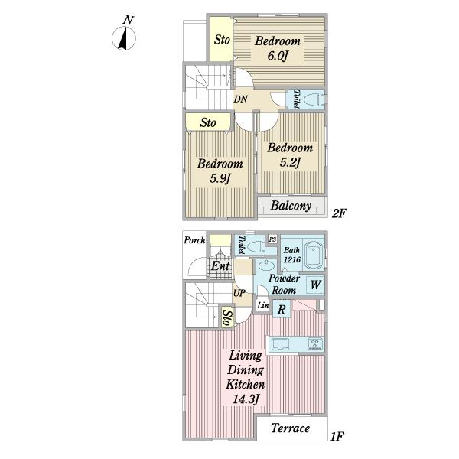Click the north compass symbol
click(124, 38)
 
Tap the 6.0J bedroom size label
click(278, 55)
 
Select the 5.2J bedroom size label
click(290, 162)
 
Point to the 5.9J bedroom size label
click(220, 178)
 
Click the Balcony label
click(291, 206)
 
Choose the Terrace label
click(290, 428)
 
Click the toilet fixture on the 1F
click(256, 246)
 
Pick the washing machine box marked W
click(315, 285)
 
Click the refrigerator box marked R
click(282, 309)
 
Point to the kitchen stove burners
click(315, 343)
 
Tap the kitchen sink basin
click(280, 344)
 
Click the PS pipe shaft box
click(272, 239)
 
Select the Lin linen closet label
click(263, 305)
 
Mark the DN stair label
click(241, 99)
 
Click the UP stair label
click(239, 293)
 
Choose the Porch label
click(194, 241)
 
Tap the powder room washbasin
click(267, 265)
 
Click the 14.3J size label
click(246, 399)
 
